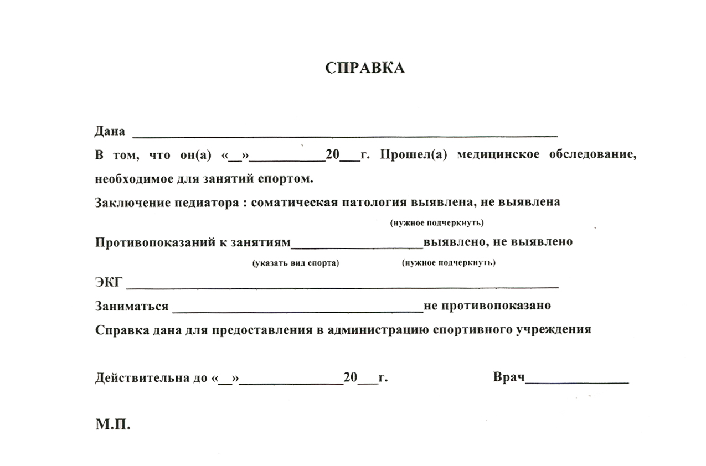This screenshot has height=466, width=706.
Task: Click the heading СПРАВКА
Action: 364,68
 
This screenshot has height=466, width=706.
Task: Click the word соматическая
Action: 294,202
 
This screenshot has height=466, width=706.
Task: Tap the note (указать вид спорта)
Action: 295,263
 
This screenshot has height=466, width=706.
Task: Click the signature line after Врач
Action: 576,382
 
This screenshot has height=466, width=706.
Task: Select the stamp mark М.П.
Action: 113,425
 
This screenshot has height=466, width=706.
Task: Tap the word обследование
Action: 592,155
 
